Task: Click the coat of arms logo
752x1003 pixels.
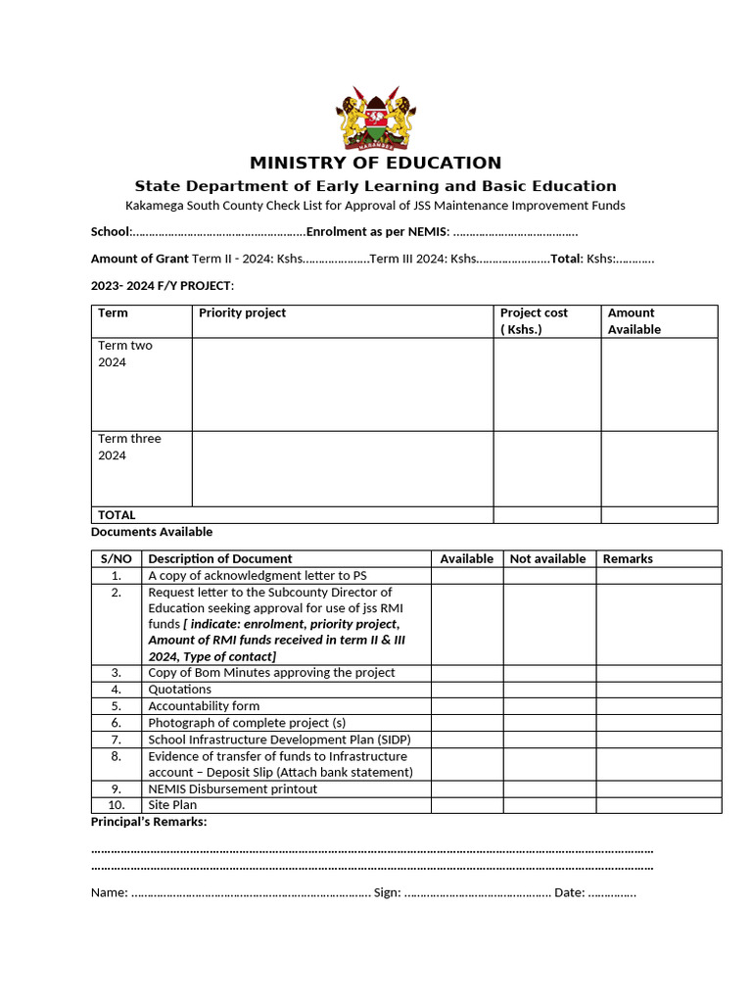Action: (x=375, y=117)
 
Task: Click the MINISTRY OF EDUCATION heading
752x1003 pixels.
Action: (x=375, y=163)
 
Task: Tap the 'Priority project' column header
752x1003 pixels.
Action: (x=242, y=313)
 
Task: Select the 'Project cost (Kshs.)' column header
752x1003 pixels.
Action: (x=534, y=321)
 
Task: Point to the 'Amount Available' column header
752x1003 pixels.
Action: (x=634, y=321)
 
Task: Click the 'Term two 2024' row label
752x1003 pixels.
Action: (x=125, y=354)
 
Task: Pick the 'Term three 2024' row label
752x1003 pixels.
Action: (x=129, y=447)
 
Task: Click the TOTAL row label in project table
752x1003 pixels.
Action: (x=117, y=515)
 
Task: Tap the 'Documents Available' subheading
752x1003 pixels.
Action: (x=152, y=532)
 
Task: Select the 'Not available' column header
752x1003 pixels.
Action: (x=547, y=559)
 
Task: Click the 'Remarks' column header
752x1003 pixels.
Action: (x=628, y=559)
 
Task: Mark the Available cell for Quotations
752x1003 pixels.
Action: (x=467, y=690)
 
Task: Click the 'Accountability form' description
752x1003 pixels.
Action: (x=204, y=706)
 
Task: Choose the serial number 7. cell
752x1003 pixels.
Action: (x=116, y=740)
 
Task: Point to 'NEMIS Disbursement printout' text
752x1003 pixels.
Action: (x=232, y=789)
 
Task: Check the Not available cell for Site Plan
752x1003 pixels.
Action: (x=548, y=805)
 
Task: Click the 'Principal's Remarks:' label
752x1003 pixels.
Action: (x=149, y=822)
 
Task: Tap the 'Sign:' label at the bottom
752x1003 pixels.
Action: (x=387, y=893)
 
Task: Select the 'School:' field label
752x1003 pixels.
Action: (x=111, y=232)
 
